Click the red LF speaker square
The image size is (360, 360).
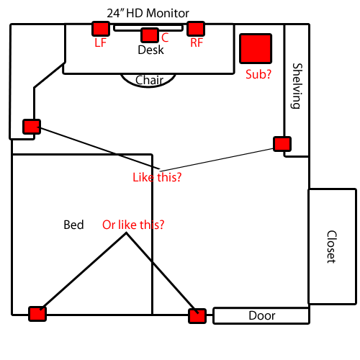[x=101, y=29]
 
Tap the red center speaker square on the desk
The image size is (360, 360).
[x=150, y=35]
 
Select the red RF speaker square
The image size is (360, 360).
[x=196, y=29]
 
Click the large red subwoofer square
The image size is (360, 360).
[x=256, y=48]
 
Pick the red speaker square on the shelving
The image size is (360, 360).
[x=282, y=144]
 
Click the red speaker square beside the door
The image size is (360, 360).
[x=197, y=316]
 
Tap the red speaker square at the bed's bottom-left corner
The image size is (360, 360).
[x=37, y=314]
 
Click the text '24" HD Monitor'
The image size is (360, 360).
[x=148, y=13]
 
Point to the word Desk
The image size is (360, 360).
[x=150, y=50]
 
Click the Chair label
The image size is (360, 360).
[x=149, y=80]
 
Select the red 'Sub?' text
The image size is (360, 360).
[x=258, y=74]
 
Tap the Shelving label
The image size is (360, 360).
[x=297, y=86]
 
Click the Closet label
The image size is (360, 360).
[x=332, y=247]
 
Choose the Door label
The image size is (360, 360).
[x=262, y=315]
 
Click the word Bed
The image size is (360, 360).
[x=73, y=225]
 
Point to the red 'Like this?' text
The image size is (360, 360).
[x=157, y=177]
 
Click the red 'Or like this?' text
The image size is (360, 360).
[x=133, y=225]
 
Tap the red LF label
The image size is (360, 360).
[x=100, y=42]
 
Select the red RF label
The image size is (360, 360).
[x=197, y=42]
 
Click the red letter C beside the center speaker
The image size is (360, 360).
[x=165, y=37]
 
